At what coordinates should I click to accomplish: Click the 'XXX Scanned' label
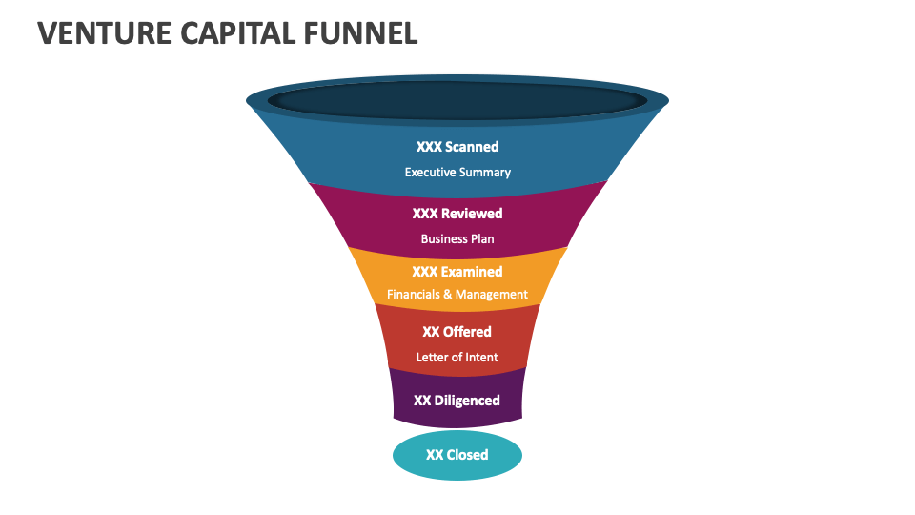click(457, 147)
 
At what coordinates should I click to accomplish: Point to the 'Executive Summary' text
click(457, 173)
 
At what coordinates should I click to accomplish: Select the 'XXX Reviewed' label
click(457, 214)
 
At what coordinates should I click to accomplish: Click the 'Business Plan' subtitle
click(457, 239)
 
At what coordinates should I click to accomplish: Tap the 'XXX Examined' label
click(457, 272)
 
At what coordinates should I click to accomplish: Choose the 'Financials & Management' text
click(457, 295)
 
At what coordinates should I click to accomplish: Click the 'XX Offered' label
click(457, 332)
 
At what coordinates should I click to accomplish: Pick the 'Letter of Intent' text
click(457, 358)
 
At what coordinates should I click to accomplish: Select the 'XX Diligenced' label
click(457, 401)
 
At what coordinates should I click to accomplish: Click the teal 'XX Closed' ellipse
click(457, 455)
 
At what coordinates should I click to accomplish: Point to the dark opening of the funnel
click(457, 100)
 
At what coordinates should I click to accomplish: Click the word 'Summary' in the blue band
click(486, 173)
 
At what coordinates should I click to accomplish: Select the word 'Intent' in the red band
click(480, 358)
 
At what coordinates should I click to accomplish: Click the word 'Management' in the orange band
click(492, 295)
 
